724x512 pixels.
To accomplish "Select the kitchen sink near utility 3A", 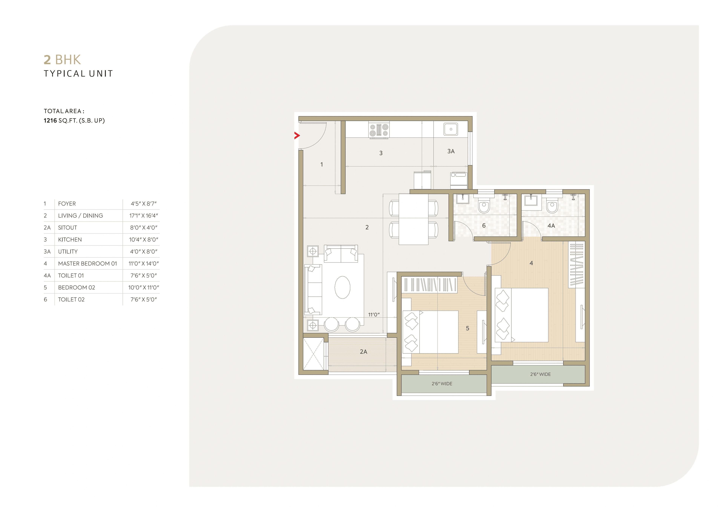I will pos(451,129).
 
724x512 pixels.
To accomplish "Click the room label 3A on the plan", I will pos(451,151).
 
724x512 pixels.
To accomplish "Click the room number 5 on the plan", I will pos(467,328).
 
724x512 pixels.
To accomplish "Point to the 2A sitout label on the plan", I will pos(363,352).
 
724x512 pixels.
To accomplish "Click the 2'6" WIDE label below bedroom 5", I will pos(442,384).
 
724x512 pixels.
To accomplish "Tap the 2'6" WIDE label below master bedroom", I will pos(540,374).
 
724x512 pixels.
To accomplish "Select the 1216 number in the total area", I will pos(50,121).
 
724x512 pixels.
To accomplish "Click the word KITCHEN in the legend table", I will pos(70,240).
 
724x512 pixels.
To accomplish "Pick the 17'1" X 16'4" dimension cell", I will pos(143,216).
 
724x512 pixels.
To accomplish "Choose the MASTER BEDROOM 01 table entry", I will pos(87,264).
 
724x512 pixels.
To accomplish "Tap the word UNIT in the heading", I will pos(101,74).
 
